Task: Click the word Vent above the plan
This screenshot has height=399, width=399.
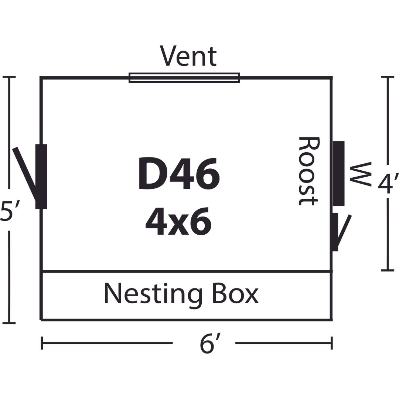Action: [188, 56]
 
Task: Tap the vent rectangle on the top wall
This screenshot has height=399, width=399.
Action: [184, 78]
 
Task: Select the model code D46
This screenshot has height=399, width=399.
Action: [179, 174]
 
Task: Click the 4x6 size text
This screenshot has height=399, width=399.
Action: [178, 221]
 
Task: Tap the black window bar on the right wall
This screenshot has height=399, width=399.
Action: [339, 174]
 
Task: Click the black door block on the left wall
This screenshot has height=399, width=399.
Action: [41, 177]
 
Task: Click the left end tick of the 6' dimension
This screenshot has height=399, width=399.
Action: [42, 343]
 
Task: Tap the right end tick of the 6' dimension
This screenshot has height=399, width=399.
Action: [331, 343]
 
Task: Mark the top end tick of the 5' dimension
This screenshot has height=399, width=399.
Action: [9, 77]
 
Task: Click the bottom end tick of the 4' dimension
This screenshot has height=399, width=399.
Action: [388, 270]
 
